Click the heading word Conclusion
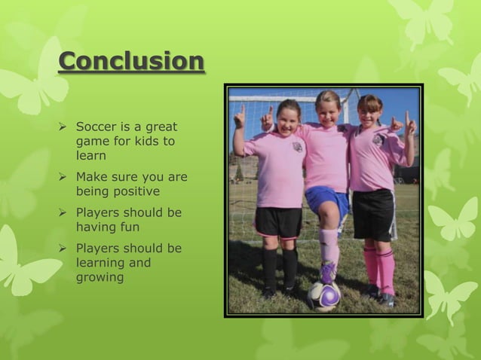[x=131, y=61]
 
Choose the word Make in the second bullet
[x=91, y=177]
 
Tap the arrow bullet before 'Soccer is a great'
[x=64, y=127]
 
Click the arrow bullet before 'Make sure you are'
[x=64, y=177]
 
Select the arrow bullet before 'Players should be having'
[x=64, y=212]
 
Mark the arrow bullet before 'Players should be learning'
[x=64, y=249]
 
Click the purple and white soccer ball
[x=326, y=296]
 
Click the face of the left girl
[x=289, y=120]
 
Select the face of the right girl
[x=370, y=114]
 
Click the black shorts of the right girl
[x=373, y=214]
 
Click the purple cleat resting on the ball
[x=329, y=272]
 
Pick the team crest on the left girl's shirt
[x=299, y=147]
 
